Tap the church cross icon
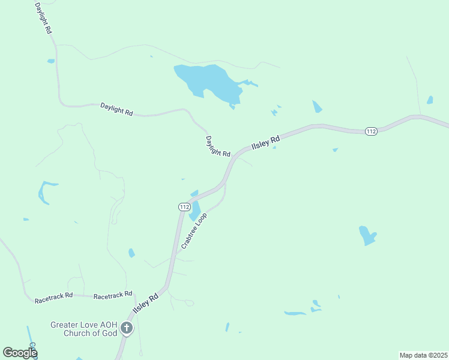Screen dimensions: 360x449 pyautogui.click(x=126, y=328)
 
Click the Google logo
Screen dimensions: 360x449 pyautogui.click(x=20, y=353)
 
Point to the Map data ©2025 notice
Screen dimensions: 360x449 pyautogui.click(x=423, y=355)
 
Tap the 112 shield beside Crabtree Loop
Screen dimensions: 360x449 pyautogui.click(x=184, y=206)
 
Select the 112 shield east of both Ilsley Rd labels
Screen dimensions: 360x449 pyautogui.click(x=372, y=131)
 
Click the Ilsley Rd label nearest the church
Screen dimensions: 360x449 pyautogui.click(x=145, y=305)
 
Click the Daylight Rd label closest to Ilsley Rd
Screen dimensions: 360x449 pyautogui.click(x=218, y=146)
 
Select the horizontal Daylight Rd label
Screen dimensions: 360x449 pyautogui.click(x=116, y=109)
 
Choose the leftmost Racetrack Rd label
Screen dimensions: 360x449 pyautogui.click(x=53, y=296)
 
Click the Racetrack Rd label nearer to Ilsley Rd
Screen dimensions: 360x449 pyautogui.click(x=113, y=294)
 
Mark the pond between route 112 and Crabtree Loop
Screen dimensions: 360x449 pyautogui.click(x=195, y=211)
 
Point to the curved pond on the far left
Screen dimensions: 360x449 pyautogui.click(x=43, y=191)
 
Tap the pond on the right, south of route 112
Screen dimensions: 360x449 pyautogui.click(x=367, y=235)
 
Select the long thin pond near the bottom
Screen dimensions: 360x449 pyautogui.click(x=295, y=313)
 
